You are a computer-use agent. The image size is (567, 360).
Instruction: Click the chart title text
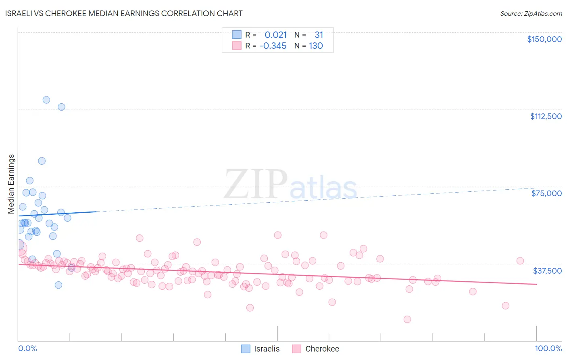click(x=124, y=13)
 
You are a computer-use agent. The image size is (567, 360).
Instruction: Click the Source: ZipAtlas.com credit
click(x=531, y=13)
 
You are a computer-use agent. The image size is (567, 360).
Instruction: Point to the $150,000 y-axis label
click(x=544, y=39)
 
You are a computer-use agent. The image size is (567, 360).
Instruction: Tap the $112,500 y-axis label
click(x=546, y=116)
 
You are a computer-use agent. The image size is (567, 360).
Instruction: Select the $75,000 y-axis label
click(x=546, y=193)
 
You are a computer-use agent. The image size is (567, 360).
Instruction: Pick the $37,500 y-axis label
click(x=547, y=270)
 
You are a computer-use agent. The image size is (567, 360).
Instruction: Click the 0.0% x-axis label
click(x=27, y=348)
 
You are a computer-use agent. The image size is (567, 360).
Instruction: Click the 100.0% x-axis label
click(x=548, y=348)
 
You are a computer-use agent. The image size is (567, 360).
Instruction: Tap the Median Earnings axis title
click(x=11, y=184)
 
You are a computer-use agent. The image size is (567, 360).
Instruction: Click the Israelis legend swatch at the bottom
click(x=246, y=349)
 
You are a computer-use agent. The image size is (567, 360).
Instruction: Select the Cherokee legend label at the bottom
click(x=322, y=349)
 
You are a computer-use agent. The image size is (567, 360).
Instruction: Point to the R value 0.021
click(x=275, y=35)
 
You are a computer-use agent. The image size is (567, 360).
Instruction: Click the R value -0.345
click(x=273, y=46)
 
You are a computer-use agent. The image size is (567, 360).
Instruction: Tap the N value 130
click(x=316, y=46)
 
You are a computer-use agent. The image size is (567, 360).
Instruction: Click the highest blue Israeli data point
click(x=46, y=100)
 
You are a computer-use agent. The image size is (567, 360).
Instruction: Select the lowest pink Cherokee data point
click(x=407, y=319)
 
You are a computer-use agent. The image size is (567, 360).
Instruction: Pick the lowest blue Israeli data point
click(x=58, y=285)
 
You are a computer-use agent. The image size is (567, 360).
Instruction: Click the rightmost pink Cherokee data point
click(x=520, y=261)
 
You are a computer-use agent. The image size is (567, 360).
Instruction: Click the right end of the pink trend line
click(x=536, y=285)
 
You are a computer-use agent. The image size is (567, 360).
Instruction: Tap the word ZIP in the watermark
click(x=256, y=184)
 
